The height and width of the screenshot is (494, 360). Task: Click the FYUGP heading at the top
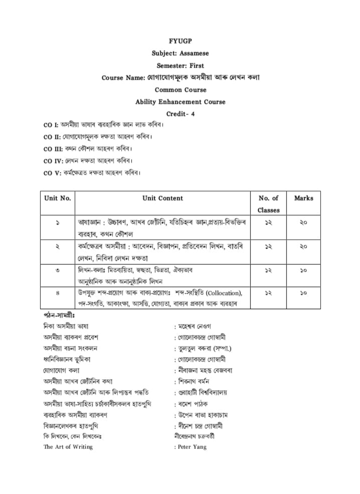180,41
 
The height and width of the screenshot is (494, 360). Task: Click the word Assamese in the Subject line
194,53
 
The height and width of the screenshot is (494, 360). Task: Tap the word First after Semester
197,66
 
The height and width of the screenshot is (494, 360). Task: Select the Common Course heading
180,90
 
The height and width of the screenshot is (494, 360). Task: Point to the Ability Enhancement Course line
180,102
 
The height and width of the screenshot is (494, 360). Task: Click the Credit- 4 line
180,114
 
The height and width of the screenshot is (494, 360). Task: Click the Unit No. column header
58,198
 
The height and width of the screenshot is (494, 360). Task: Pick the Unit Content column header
163,198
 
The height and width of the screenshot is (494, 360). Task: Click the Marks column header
304,198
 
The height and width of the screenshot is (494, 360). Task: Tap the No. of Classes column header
268,204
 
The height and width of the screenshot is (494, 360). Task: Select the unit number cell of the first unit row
58,222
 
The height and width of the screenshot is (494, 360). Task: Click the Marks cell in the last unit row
303,293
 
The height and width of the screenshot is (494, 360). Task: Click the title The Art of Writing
68,447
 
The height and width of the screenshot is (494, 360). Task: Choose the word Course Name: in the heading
123,78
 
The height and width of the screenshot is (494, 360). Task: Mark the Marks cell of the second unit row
303,247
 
